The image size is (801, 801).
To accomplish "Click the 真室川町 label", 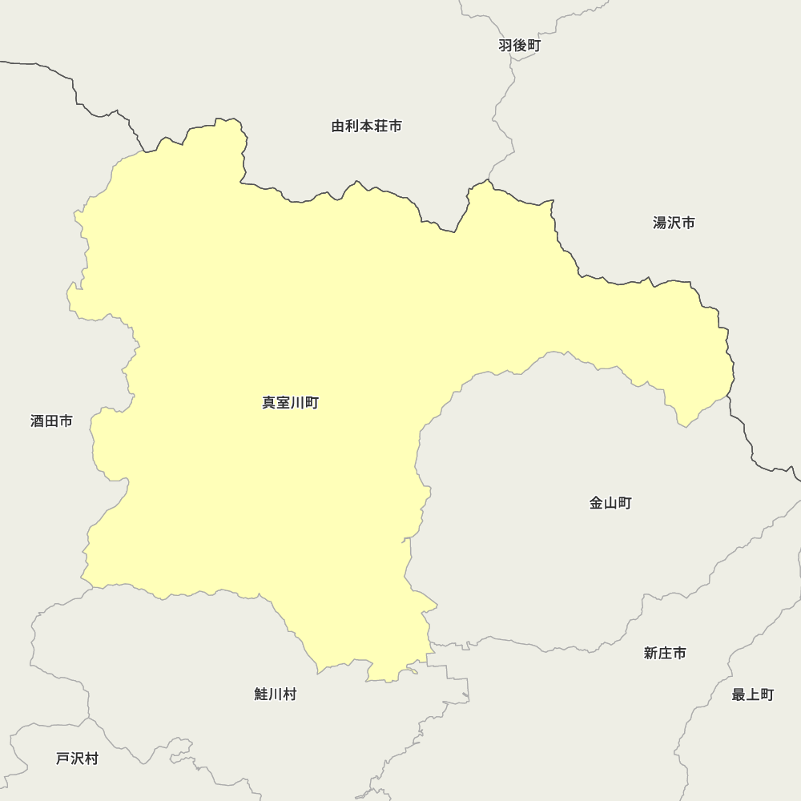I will click(290, 403).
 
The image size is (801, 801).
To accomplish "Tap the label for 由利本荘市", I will click(366, 127).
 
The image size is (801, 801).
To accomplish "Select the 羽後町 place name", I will click(519, 46).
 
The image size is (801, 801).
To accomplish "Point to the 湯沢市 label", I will click(674, 223).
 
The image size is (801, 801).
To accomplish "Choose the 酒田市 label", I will click(51, 421).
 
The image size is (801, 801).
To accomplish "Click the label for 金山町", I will click(610, 503).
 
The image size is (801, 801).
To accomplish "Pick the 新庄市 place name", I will click(665, 653).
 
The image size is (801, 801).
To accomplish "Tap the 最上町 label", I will click(753, 694).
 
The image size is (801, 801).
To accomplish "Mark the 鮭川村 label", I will click(275, 694).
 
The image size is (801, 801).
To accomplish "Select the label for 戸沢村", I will click(77, 759).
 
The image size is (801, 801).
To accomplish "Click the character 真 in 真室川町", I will click(269, 403).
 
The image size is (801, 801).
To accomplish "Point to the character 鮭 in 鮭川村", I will click(261, 694).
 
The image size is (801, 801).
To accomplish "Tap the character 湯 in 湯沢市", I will click(660, 223).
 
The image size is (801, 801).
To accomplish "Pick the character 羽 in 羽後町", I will click(505, 46).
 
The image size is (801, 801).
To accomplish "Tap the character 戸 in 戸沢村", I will click(63, 759).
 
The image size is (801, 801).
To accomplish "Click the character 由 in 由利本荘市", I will click(338, 127).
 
